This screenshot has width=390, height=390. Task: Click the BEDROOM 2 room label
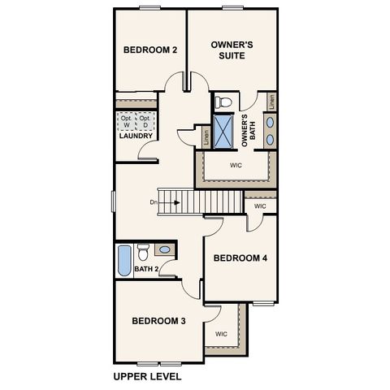point(150,50)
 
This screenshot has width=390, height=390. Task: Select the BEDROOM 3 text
point(159,322)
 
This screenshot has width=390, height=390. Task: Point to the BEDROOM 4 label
point(240,258)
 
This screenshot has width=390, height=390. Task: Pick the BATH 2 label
point(146,269)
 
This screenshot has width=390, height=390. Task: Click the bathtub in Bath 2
point(123,259)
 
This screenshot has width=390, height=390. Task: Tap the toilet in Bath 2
point(143,250)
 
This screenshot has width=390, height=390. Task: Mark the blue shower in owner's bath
point(224,130)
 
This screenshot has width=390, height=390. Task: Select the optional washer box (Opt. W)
point(126,120)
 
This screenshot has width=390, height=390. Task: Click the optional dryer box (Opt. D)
point(145,120)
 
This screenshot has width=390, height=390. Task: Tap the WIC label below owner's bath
point(236,165)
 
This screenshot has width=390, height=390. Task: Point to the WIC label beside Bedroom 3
point(221,334)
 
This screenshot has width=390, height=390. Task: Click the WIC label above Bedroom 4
point(259,206)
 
